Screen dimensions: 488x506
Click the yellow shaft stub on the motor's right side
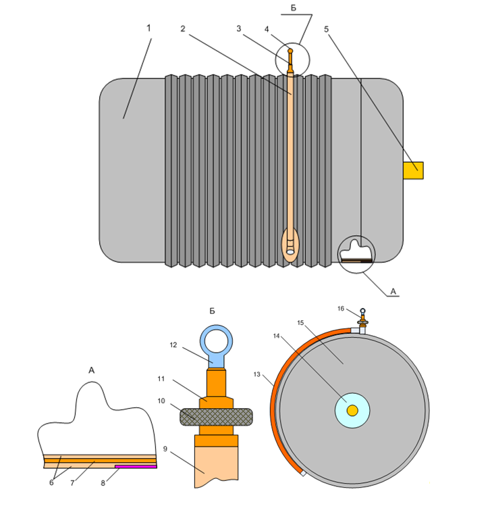pyautogui.click(x=413, y=170)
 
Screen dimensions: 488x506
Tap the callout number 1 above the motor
pyautogui.click(x=148, y=28)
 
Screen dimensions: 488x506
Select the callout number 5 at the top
pyautogui.click(x=326, y=29)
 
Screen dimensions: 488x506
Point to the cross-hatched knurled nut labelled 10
pyautogui.click(x=216, y=417)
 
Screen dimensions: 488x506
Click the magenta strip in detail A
pyautogui.click(x=136, y=467)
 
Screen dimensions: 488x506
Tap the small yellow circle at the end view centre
pyautogui.click(x=352, y=411)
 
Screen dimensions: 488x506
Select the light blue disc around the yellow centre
pyautogui.click(x=352, y=411)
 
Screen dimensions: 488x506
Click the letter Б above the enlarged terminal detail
pyautogui.click(x=212, y=311)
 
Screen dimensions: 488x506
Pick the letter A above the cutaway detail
pyautogui.click(x=92, y=370)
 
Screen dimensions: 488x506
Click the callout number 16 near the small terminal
pyautogui.click(x=341, y=309)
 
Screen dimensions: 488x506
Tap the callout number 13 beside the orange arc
pyautogui.click(x=257, y=374)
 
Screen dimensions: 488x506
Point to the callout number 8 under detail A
pyautogui.click(x=103, y=483)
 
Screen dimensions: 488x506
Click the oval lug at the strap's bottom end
pyautogui.click(x=290, y=245)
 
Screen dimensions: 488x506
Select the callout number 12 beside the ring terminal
pyautogui.click(x=173, y=345)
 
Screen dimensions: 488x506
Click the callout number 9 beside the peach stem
pyautogui.click(x=165, y=449)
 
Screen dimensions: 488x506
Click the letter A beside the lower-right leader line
pyautogui.click(x=394, y=292)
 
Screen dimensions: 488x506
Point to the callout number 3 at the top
pyautogui.click(x=238, y=29)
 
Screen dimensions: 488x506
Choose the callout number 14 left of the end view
pyautogui.click(x=276, y=336)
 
